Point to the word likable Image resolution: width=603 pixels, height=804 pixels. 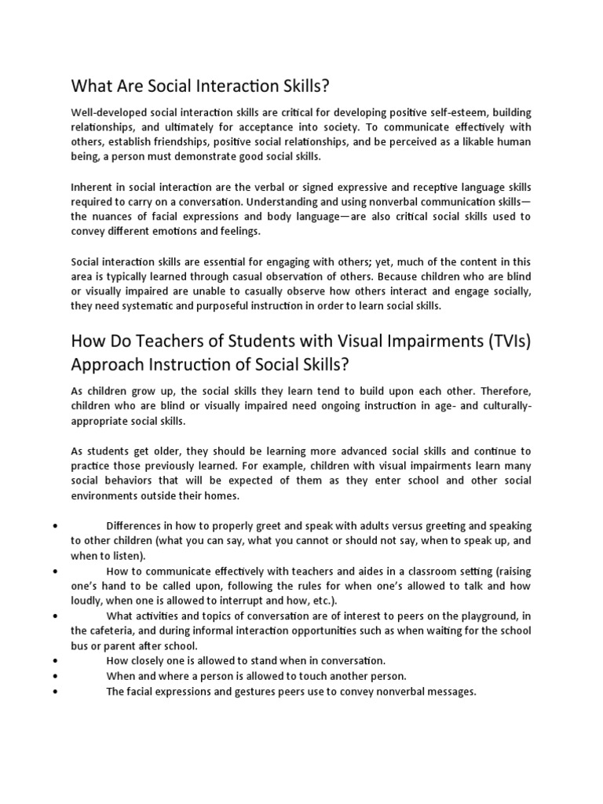(x=470, y=141)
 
